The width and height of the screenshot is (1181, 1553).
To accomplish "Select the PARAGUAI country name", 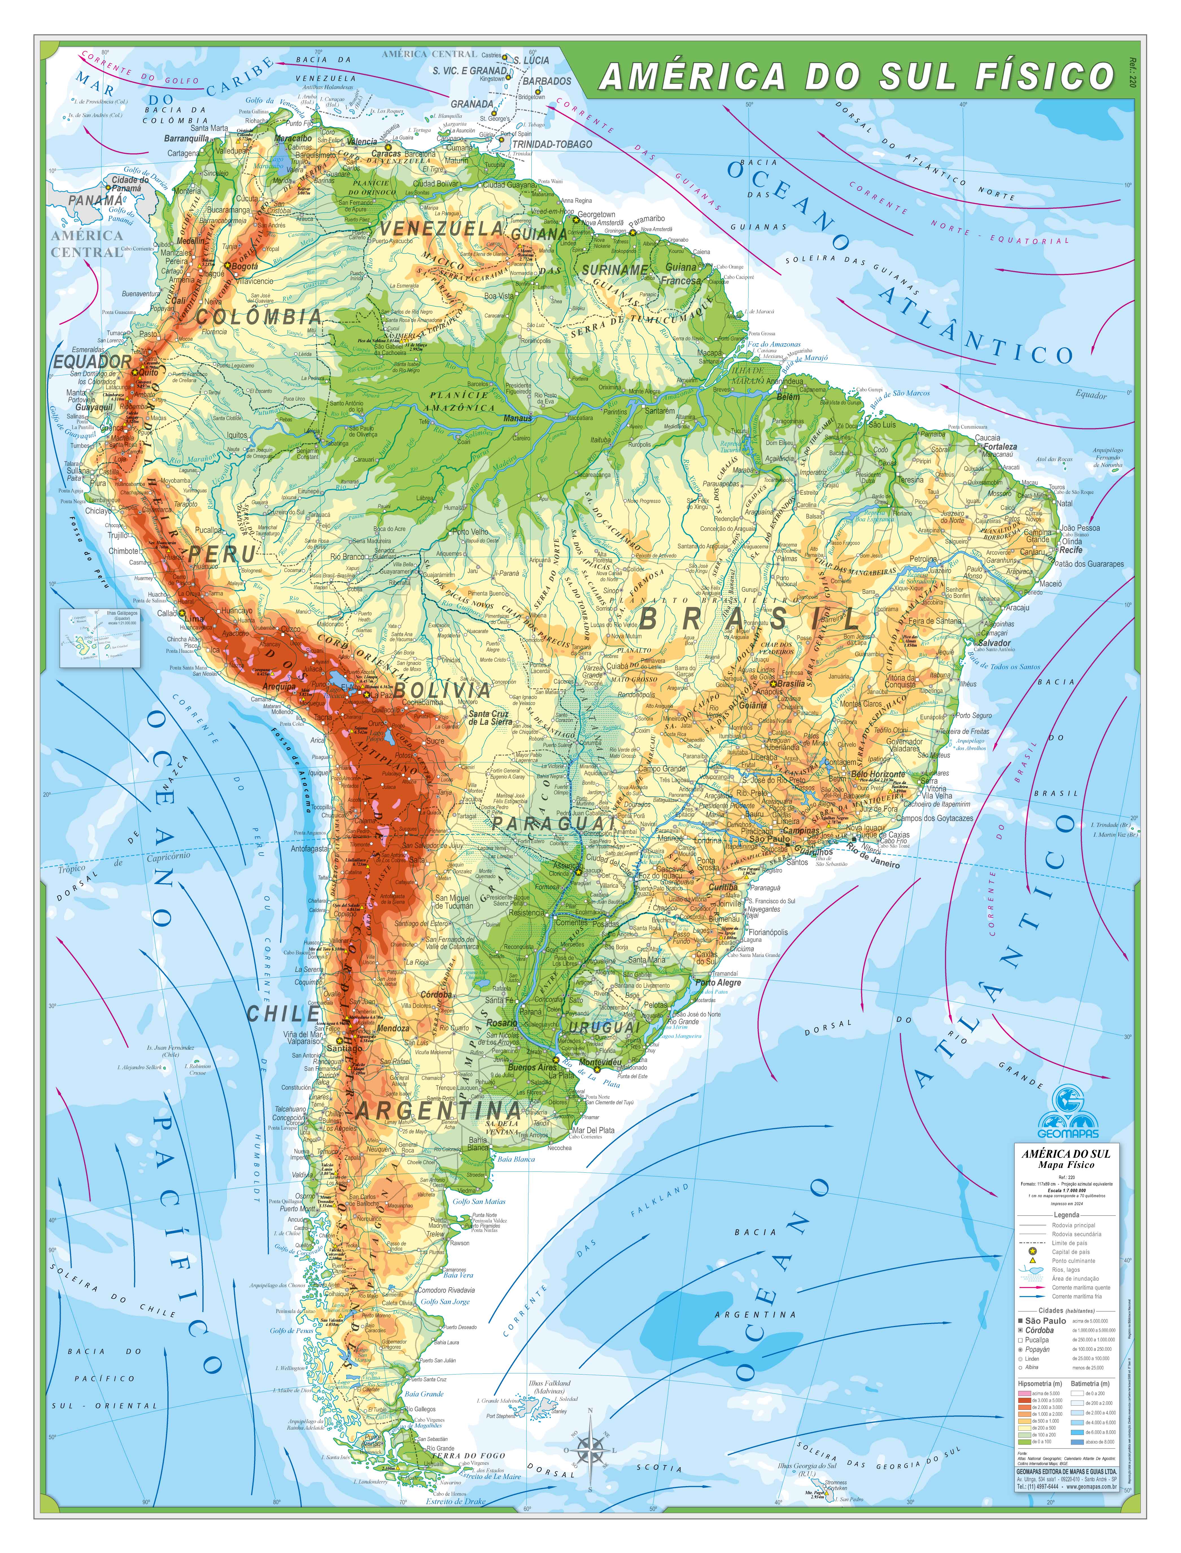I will [553, 823].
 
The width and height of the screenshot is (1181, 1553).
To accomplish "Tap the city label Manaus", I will [518, 418].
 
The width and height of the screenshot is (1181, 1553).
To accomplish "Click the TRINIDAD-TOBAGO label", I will [552, 144].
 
